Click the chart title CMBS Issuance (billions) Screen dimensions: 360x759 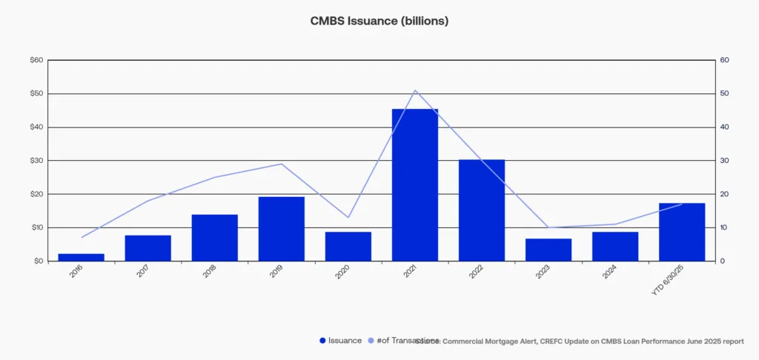pos(379,21)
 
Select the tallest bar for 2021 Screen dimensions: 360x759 pos(415,185)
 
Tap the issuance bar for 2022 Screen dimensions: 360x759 pos(482,210)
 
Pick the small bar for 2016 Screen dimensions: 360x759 pos(82,257)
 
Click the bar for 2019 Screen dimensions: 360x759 pos(282,229)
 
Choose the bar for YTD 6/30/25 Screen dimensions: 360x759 pos(682,232)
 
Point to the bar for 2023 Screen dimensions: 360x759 pos(548,250)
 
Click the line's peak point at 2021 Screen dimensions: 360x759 pos(415,90)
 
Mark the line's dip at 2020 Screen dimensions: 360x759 pos(348,217)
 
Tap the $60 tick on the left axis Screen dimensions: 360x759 pos(36,60)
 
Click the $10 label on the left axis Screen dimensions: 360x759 pos(36,227)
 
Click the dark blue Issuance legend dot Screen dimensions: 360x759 pos(322,341)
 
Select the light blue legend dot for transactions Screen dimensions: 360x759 pos(371,341)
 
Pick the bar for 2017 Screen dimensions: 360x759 pos(148,248)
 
